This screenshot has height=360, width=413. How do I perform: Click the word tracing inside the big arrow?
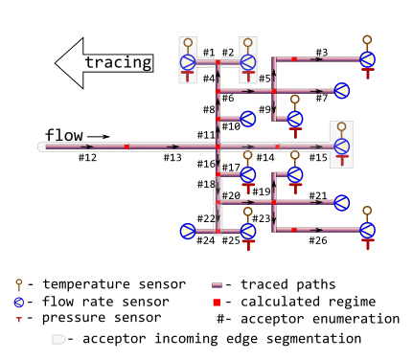click(118, 63)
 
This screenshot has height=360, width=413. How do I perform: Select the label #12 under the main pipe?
click(87, 157)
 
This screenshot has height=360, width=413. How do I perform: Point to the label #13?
click(172, 157)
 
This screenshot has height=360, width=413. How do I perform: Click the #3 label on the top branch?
click(321, 52)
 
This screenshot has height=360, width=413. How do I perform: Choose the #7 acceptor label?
click(321, 98)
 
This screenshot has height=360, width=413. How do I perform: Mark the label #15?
click(318, 157)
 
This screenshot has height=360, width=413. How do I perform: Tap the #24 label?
click(206, 240)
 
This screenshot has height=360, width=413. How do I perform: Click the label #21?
click(318, 195)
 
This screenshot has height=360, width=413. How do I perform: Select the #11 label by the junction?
click(206, 135)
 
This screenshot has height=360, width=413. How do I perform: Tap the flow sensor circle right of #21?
click(342, 202)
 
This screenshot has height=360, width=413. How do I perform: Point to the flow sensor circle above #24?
click(188, 230)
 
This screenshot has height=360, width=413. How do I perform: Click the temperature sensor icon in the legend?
click(18, 284)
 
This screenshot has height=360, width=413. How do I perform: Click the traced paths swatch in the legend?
click(218, 284)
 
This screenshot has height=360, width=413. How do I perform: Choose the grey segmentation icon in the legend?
click(59, 339)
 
